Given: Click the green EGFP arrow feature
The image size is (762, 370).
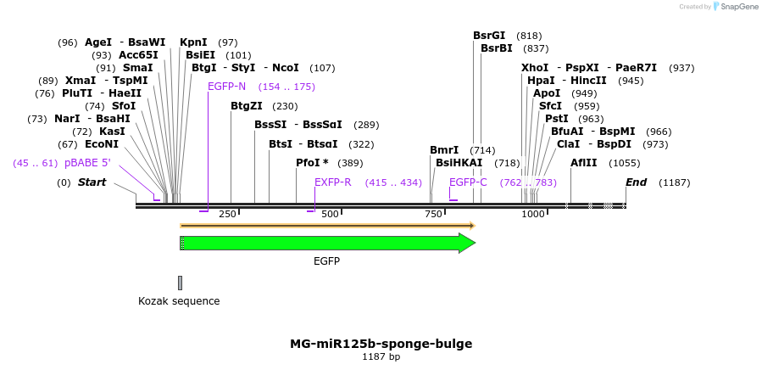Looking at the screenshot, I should (326, 244).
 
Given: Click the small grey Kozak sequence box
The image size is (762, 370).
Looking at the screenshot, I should (180, 283).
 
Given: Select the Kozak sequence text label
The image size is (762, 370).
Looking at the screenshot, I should (179, 301).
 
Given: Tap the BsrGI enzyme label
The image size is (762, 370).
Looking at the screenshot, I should (489, 36).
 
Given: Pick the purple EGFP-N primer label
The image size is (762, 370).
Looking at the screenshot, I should (226, 87).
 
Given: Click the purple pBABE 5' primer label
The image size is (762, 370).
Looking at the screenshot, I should (87, 162).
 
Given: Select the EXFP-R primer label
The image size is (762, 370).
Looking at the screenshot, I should (333, 182).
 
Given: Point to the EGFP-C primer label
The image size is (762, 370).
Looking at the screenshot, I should (468, 182).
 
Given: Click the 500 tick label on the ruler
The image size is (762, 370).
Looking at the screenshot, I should (330, 214).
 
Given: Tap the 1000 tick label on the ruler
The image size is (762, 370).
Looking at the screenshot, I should (533, 214).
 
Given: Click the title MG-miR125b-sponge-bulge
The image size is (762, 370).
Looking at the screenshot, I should (381, 344).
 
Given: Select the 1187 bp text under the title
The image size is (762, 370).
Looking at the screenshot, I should (381, 357).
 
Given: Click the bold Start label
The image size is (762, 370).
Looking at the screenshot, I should (92, 182).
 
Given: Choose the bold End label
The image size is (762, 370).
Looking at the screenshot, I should (636, 182).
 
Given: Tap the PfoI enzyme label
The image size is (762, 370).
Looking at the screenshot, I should (312, 162).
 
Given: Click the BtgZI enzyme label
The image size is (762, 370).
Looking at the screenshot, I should (252, 106).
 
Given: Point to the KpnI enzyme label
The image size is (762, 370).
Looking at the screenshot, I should (193, 42).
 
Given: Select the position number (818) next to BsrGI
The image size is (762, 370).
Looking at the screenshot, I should (529, 36).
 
